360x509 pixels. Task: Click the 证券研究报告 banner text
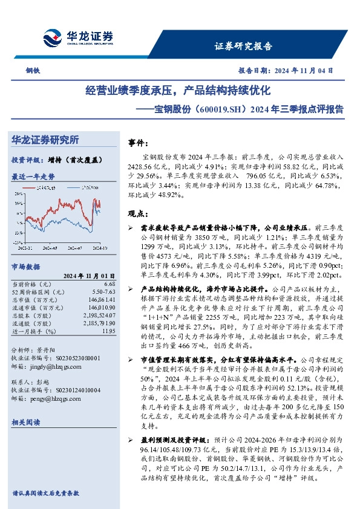[x=244, y=46]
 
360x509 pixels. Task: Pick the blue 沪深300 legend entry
[x=88, y=189]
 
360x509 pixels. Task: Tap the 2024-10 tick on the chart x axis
[x=99, y=247]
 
